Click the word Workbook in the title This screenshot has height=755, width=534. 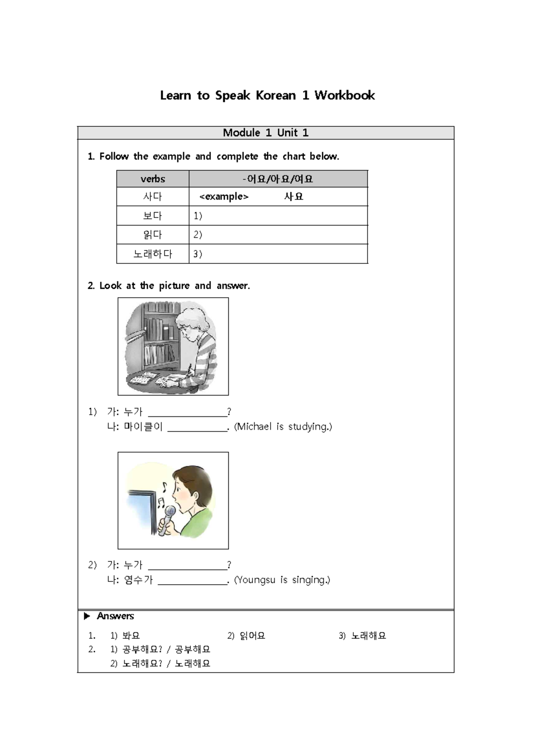click(x=344, y=95)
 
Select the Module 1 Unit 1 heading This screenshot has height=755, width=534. click(x=266, y=133)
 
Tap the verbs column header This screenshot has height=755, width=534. click(x=153, y=179)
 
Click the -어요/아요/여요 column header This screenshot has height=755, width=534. click(x=278, y=179)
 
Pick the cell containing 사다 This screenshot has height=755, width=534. click(x=153, y=197)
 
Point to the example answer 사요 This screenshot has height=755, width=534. click(x=294, y=197)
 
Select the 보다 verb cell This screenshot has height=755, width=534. click(x=153, y=216)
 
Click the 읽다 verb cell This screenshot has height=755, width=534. click(x=153, y=234)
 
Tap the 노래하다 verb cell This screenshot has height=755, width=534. click(x=153, y=254)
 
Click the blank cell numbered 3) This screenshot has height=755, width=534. click(x=278, y=254)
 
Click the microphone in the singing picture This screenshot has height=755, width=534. click(x=168, y=519)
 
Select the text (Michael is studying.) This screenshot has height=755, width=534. click(x=283, y=427)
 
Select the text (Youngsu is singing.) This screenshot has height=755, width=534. click(x=282, y=580)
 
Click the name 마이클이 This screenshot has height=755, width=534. click(x=143, y=427)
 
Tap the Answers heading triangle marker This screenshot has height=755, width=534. click(x=87, y=616)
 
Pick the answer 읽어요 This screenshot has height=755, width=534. click(x=252, y=636)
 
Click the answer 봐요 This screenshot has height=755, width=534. click(x=131, y=636)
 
